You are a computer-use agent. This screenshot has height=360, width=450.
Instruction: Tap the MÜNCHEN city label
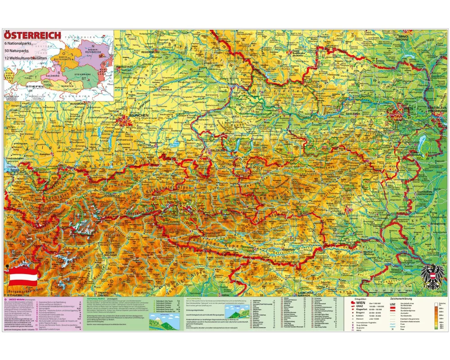click(139, 116)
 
